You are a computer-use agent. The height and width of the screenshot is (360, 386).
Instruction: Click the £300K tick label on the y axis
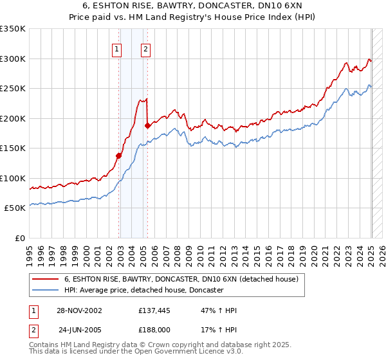(13, 59)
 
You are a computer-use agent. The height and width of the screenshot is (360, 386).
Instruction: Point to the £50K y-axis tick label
(15, 208)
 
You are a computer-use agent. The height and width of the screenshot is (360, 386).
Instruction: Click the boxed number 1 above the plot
(116, 49)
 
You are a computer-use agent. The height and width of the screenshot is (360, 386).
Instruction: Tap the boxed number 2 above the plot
(146, 49)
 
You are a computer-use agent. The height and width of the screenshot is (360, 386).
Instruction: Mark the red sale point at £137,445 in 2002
(119, 156)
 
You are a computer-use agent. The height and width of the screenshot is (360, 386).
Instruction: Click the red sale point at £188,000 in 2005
(147, 125)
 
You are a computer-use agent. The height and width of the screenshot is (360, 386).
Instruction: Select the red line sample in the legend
(44, 280)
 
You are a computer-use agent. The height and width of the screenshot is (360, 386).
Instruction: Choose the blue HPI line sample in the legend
(44, 291)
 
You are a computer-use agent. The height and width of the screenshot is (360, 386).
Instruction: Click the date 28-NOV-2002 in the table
(79, 310)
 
